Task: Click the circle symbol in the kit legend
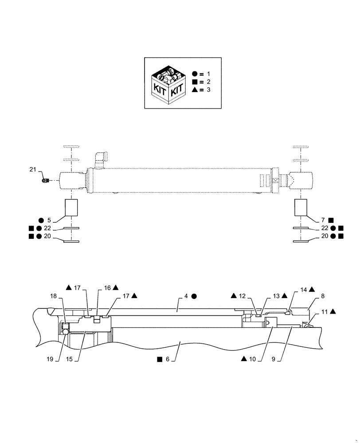[x=196, y=74]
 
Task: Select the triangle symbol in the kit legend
[x=196, y=90]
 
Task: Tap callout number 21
[x=32, y=170]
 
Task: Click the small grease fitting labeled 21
[x=45, y=180]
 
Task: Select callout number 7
[x=323, y=220]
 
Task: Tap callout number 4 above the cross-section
[x=186, y=295]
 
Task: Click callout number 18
[x=53, y=296]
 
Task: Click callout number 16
[x=108, y=288]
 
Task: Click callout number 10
[x=253, y=360]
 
